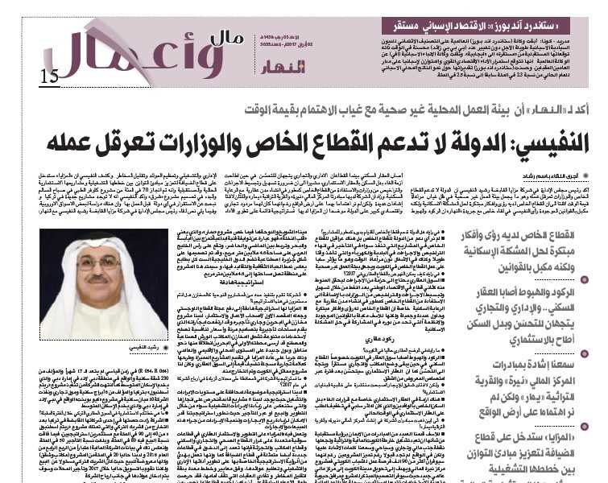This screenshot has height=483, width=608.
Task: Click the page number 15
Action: pos(48,76)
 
